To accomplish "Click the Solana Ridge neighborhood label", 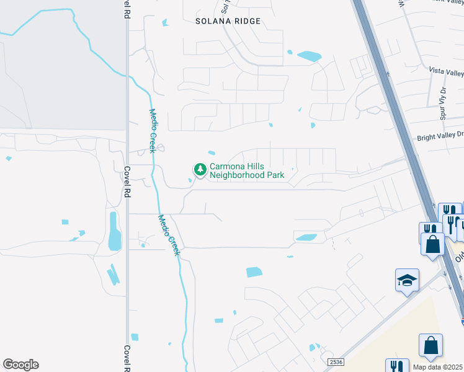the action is tap(228, 21).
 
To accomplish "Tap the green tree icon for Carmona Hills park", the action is tap(200, 169).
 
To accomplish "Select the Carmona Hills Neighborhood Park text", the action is tap(247, 170).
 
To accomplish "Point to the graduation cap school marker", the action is tap(408, 281).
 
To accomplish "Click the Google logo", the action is tap(20, 365).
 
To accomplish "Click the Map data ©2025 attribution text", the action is tap(437, 367).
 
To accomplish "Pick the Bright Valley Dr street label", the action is tap(440, 135).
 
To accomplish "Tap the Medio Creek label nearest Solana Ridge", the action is tap(152, 131).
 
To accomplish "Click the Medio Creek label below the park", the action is tap(169, 236).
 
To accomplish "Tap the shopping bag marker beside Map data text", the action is tap(431, 346).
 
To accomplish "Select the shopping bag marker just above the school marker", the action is tap(432, 244).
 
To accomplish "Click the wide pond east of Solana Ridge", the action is tap(309, 56).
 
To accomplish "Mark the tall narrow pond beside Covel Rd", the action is tap(114, 231).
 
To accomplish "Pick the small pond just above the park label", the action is tap(212, 153).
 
